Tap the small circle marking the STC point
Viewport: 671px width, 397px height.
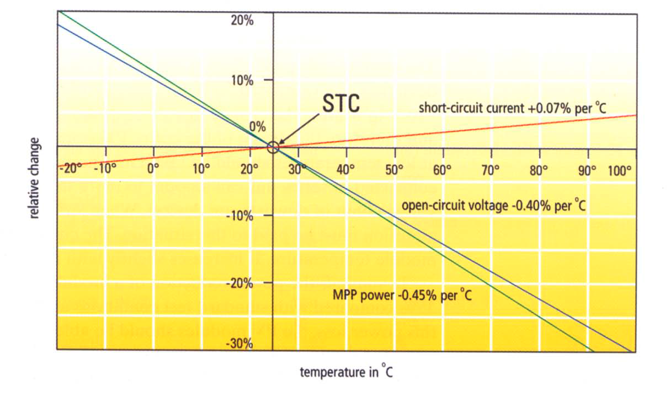(273, 147)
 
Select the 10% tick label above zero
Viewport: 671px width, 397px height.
(242, 81)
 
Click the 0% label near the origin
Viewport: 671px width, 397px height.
(258, 126)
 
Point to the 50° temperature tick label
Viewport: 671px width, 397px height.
(393, 170)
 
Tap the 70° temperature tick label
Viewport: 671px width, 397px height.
(491, 170)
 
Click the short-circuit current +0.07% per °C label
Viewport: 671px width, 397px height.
(513, 108)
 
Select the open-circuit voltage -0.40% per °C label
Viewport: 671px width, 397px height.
(493, 206)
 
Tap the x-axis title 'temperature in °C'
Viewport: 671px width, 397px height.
(347, 372)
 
